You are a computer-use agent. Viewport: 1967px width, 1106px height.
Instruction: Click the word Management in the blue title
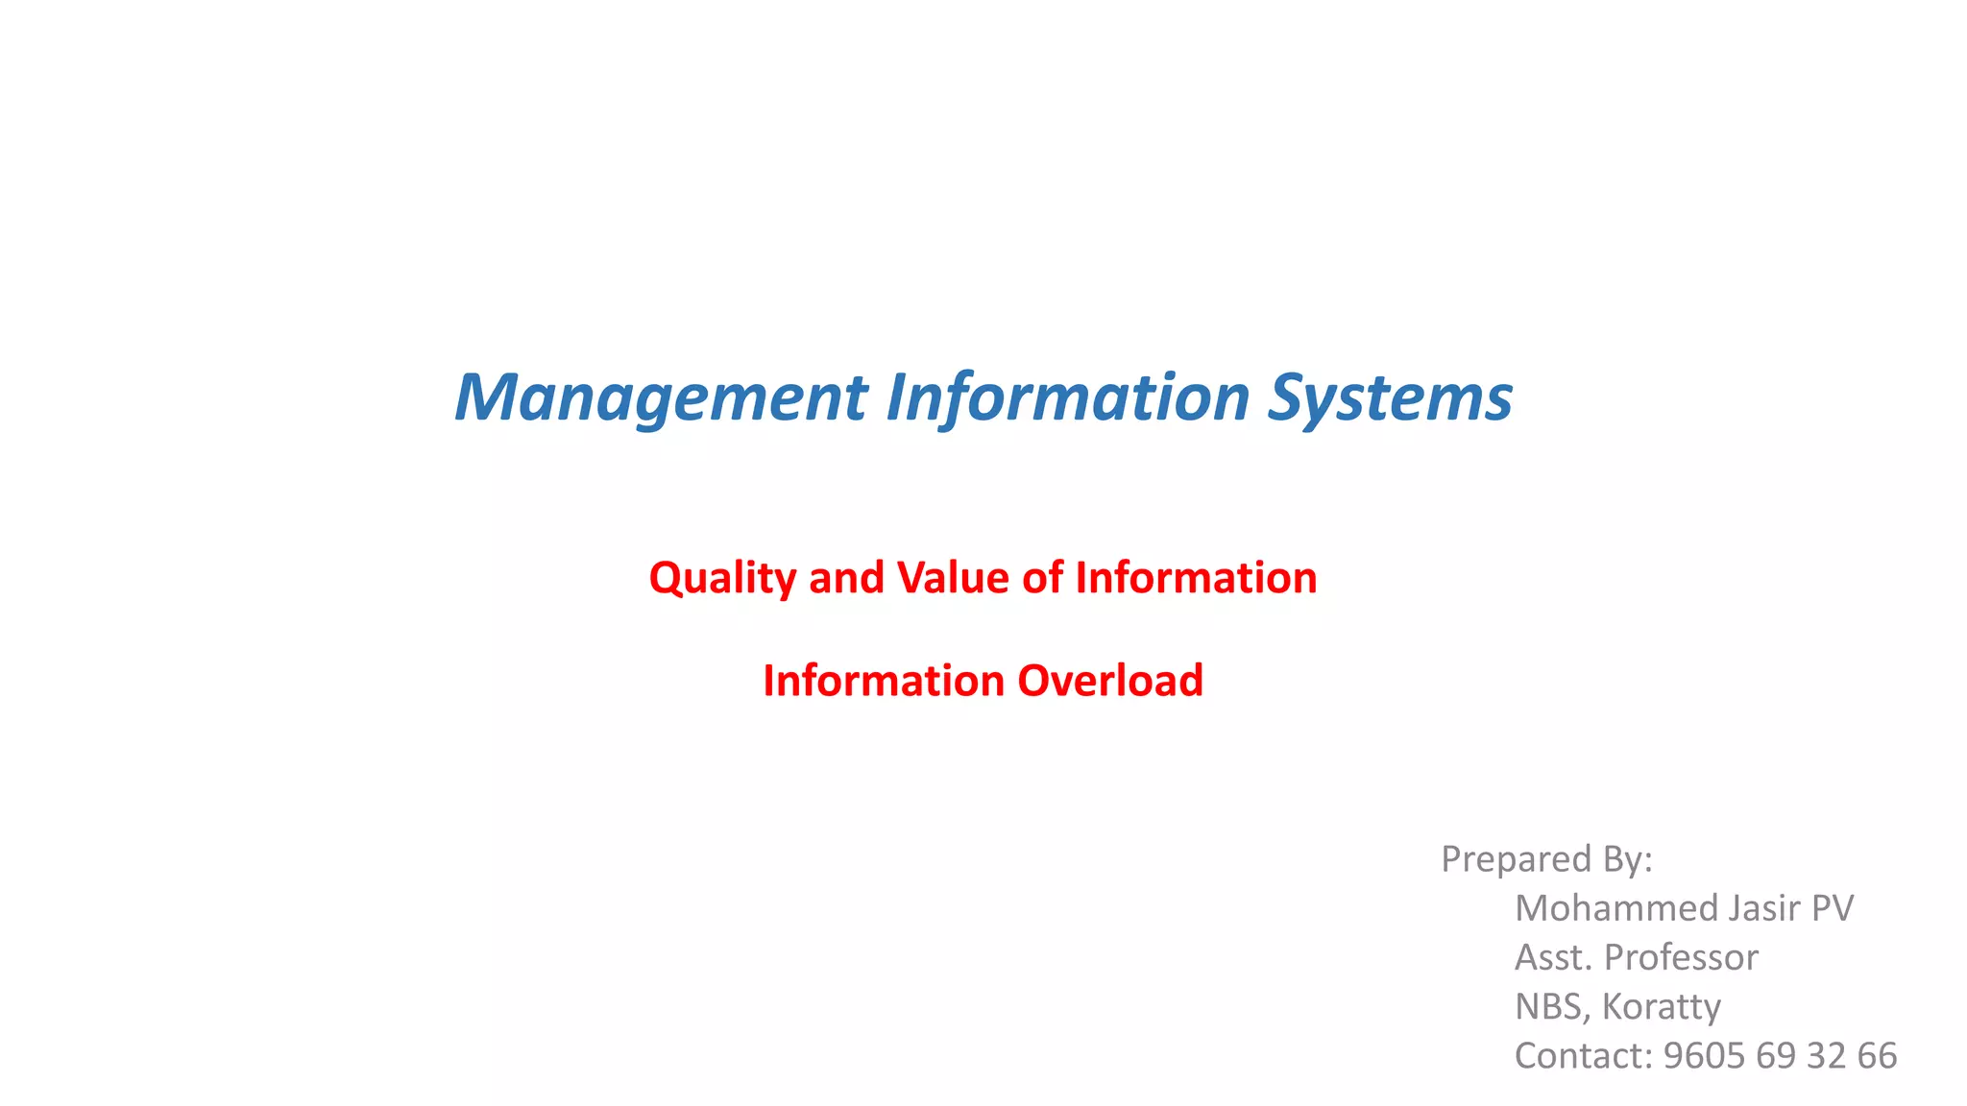tap(661, 397)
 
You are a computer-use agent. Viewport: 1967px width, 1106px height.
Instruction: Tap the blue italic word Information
tap(1067, 397)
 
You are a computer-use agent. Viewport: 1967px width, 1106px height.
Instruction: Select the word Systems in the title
tap(1390, 397)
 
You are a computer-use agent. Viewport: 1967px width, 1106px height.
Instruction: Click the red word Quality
tap(722, 579)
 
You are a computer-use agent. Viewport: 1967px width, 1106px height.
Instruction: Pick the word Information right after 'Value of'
tap(1196, 577)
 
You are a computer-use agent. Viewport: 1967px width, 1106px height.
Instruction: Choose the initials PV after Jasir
tap(1832, 908)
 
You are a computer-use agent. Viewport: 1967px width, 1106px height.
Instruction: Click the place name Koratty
tap(1662, 1007)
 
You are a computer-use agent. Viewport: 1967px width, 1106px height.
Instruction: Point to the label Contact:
tap(1584, 1056)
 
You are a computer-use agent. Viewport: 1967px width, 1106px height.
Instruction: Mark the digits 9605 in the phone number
tap(1705, 1056)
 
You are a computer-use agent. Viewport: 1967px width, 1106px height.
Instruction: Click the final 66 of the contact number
tap(1877, 1056)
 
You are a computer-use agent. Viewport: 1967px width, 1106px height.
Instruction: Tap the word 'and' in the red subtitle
tap(846, 577)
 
